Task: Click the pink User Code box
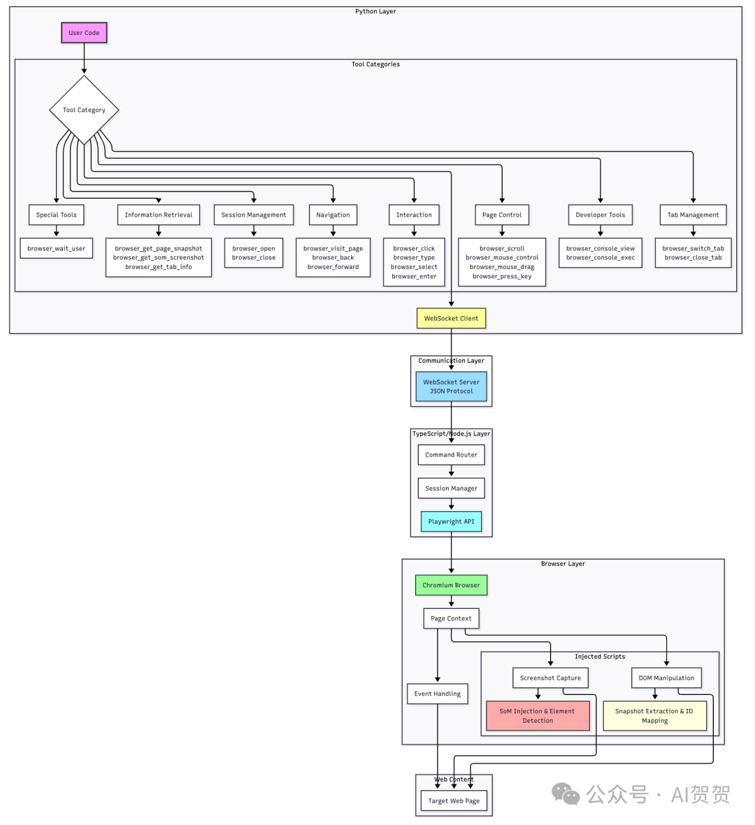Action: click(x=84, y=33)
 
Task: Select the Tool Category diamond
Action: click(x=84, y=110)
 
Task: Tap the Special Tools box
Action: click(x=57, y=215)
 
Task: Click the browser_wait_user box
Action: click(x=57, y=248)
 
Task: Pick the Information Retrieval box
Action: click(x=159, y=215)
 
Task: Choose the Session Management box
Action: click(x=254, y=215)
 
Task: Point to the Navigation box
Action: click(x=333, y=215)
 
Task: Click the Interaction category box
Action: click(x=414, y=215)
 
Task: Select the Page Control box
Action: click(x=502, y=215)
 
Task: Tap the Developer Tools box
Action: click(x=601, y=215)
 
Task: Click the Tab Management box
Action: click(x=693, y=215)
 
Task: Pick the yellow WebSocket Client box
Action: click(x=451, y=318)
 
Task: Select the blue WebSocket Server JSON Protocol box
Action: click(x=451, y=387)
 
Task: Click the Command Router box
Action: click(x=451, y=454)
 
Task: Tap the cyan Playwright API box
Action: click(x=451, y=522)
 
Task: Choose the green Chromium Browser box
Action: click(x=451, y=585)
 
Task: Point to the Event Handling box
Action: click(x=437, y=694)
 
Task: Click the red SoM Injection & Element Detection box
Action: click(x=538, y=716)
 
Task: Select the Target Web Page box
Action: click(x=454, y=801)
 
